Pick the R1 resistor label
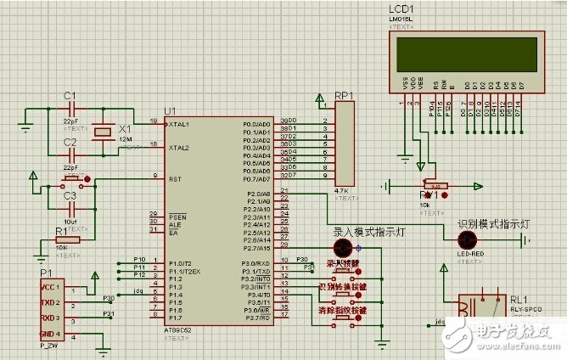click(61, 230)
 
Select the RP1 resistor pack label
click(345, 95)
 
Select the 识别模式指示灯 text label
click(493, 224)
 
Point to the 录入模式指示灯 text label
click(362, 230)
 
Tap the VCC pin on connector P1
click(49, 288)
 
